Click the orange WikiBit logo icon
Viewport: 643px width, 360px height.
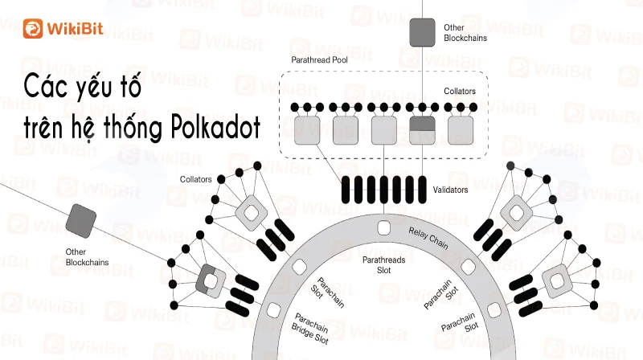[x=33, y=28]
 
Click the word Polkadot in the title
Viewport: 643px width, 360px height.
[x=215, y=127]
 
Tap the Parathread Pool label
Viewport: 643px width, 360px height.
[x=319, y=59]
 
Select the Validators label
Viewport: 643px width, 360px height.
[x=450, y=190]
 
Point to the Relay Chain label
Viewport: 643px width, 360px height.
[x=428, y=238]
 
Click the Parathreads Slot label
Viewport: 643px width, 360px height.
[x=384, y=265]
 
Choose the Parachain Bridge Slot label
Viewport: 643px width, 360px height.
[x=310, y=329]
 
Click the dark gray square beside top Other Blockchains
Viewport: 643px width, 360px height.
[x=423, y=32]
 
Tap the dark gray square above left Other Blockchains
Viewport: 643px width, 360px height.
[x=81, y=221]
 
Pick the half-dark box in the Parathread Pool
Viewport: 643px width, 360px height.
[x=423, y=130]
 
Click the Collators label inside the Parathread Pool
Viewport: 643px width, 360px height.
[x=460, y=91]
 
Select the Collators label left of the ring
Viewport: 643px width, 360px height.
[x=195, y=179]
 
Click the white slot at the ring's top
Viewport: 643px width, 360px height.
[x=384, y=228]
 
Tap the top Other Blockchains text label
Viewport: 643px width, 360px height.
[x=465, y=33]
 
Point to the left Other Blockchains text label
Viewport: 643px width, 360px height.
[x=87, y=257]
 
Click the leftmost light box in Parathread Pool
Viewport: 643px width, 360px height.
[x=307, y=130]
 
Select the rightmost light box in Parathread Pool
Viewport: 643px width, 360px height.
[x=461, y=130]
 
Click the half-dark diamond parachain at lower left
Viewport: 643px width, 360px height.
[x=211, y=281]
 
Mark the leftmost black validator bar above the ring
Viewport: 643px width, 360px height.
[x=346, y=190]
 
